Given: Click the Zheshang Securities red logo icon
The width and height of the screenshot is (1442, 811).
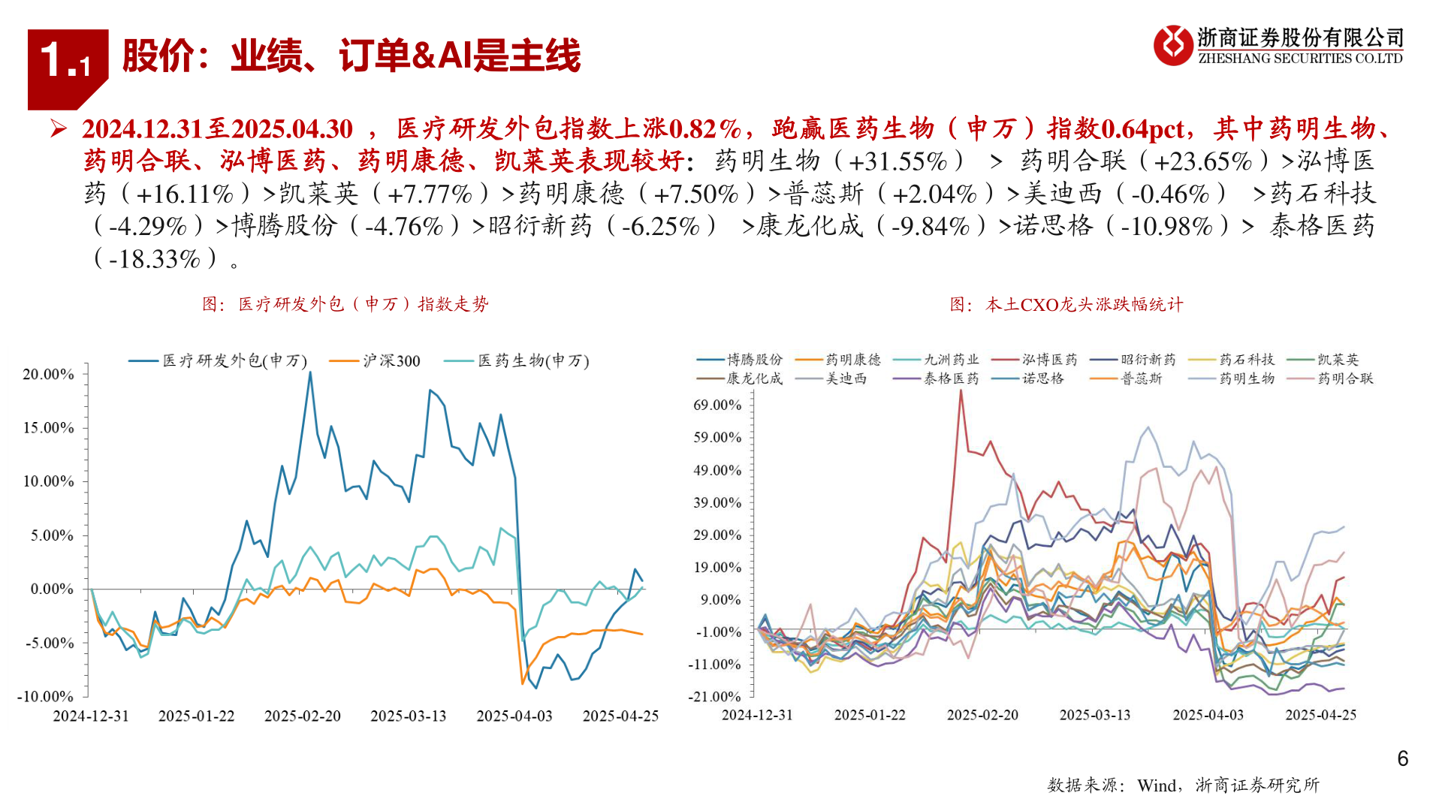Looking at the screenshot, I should pos(1173,45).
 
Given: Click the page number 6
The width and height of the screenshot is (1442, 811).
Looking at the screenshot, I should pos(1402,759).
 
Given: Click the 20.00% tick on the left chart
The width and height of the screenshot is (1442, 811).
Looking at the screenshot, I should pos(48,374).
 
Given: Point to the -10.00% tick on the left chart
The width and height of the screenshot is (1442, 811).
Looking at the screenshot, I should pos(45,696).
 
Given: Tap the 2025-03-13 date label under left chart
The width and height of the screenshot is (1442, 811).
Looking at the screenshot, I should pos(408,716).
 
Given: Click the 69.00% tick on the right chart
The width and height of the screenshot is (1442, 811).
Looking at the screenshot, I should pos(716,405).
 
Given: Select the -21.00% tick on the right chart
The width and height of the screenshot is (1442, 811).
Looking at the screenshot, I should pos(714,697).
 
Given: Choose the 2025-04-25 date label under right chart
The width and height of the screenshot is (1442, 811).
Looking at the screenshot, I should pos(1320,715).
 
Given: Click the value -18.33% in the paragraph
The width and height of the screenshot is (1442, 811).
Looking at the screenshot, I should pos(155,260).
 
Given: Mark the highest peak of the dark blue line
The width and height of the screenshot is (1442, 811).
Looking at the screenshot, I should pos(310,372).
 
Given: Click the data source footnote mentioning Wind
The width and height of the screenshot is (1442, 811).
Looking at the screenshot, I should pos(1183,785).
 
